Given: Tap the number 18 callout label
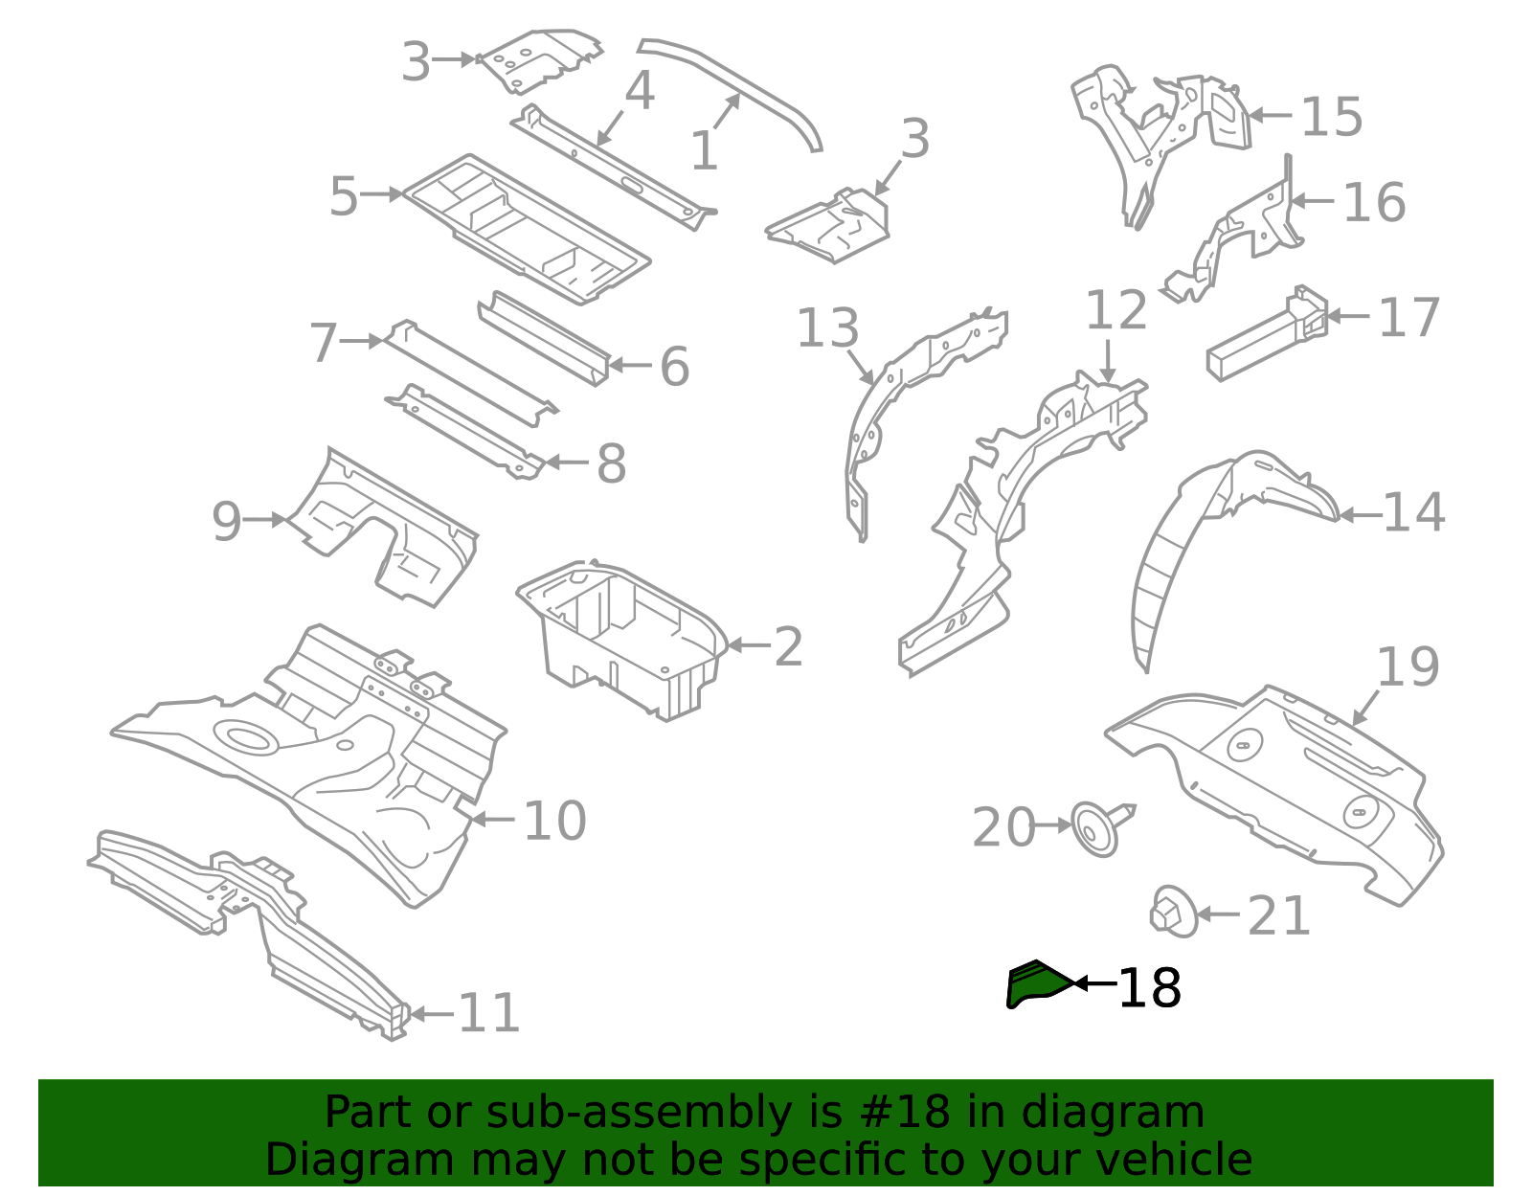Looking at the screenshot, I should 1149,988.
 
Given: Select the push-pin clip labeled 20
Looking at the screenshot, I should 1097,828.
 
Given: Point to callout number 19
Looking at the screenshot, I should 1408,667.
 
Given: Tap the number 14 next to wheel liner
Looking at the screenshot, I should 1413,512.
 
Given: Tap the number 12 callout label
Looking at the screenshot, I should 1115,311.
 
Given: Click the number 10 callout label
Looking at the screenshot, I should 554,821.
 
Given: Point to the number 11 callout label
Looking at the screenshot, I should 489,1012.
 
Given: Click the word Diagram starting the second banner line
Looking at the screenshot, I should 319,1160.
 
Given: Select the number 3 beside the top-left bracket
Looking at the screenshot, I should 415,62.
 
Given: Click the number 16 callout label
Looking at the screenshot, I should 1374,203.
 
